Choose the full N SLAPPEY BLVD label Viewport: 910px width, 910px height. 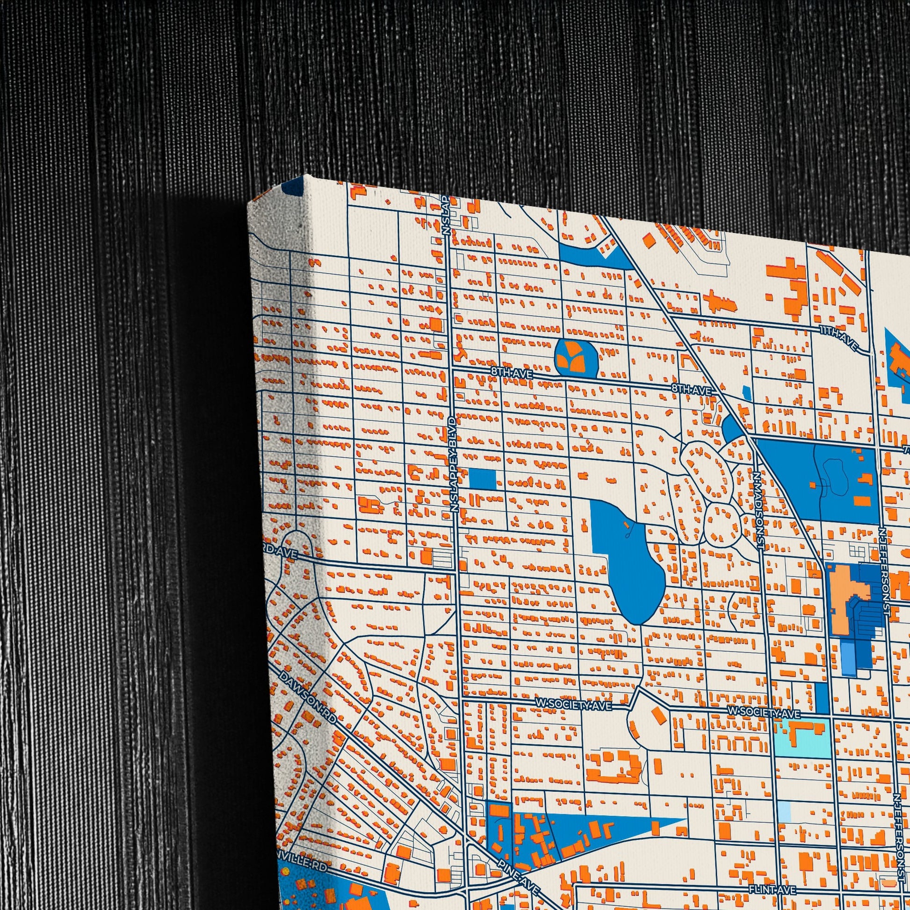coord(454,464)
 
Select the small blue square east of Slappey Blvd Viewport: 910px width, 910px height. coord(482,479)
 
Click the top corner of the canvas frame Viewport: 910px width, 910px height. coord(306,176)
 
